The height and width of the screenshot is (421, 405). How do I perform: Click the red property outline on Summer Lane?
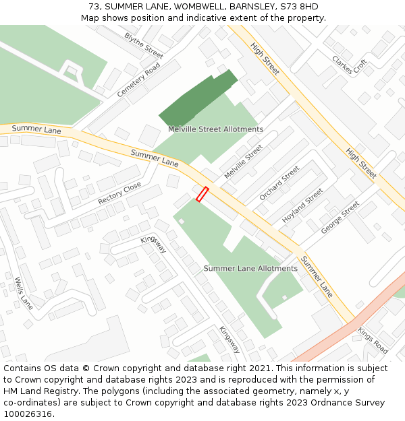[202, 194]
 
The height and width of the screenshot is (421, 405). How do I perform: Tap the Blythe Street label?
[144, 45]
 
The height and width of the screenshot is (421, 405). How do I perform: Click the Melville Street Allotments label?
[215, 129]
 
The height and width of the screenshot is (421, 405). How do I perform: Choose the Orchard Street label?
[279, 183]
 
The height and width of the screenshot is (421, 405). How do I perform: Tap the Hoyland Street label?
[302, 205]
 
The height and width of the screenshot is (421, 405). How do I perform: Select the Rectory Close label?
[119, 193]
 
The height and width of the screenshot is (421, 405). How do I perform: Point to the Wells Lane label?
[24, 294]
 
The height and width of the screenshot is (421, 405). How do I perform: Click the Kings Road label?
[373, 341]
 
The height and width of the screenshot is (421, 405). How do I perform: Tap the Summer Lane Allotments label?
[250, 268]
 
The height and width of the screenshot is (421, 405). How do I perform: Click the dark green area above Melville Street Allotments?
[198, 98]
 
